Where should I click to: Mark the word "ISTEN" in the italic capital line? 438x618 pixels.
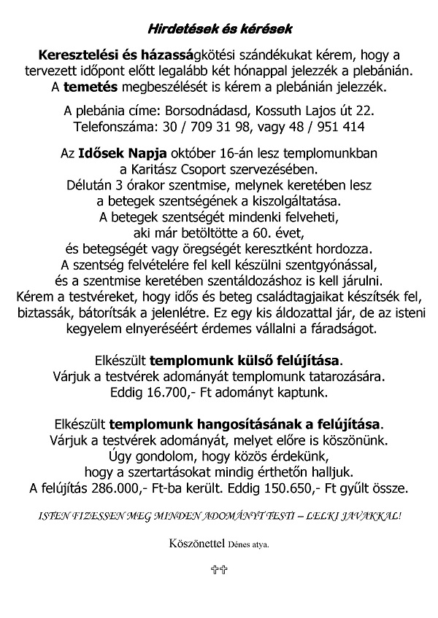pyautogui.click(x=54, y=515)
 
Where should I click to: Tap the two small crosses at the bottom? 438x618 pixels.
pyautogui.click(x=218, y=571)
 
